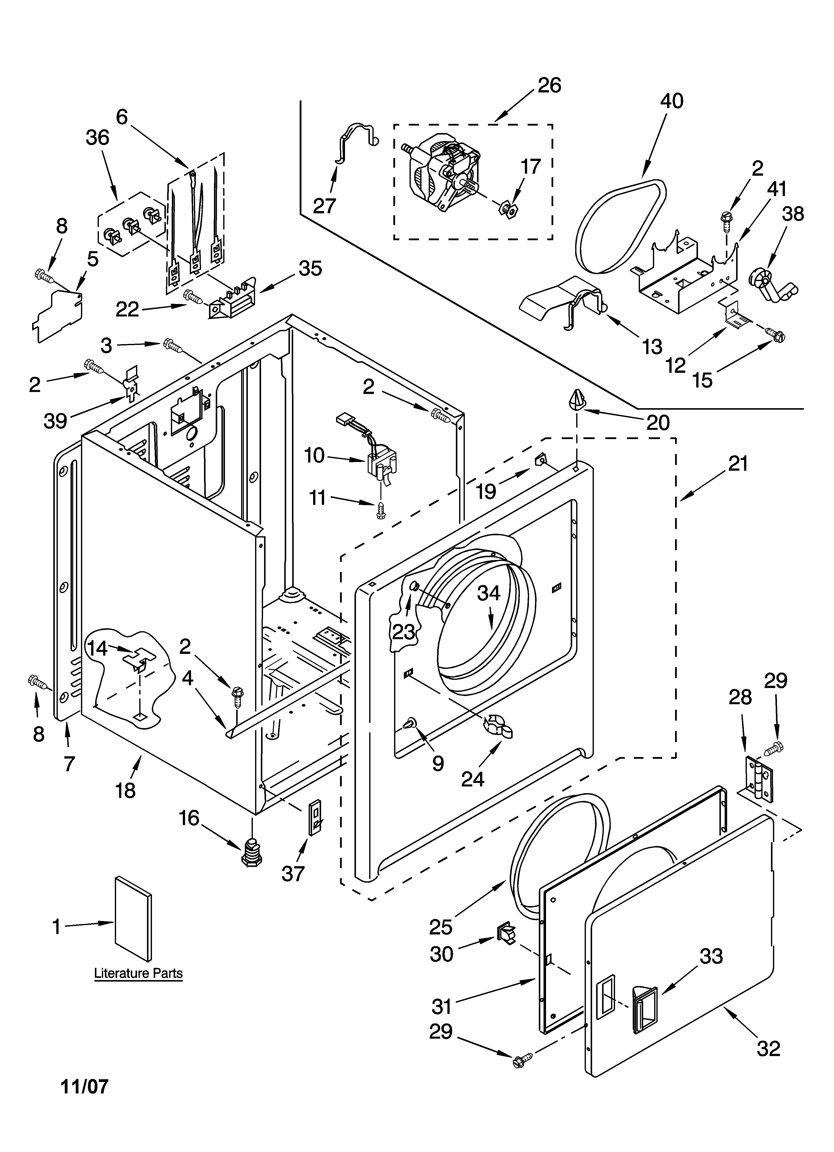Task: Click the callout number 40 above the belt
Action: [672, 101]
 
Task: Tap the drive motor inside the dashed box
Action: [443, 170]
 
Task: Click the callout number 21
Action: [738, 464]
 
